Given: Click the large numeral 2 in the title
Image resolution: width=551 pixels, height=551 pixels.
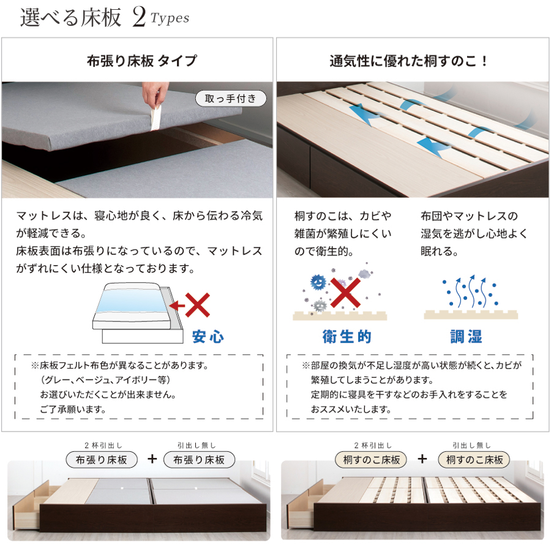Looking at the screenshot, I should pos(139,18).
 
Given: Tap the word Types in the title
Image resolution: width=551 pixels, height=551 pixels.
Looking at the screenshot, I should pos(170,18).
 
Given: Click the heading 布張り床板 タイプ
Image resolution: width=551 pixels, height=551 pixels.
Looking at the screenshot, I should pos(141,61).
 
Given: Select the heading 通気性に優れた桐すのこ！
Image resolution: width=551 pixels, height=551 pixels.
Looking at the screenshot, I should pos(410,61).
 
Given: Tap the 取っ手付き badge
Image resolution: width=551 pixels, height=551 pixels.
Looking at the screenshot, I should pos(230,99).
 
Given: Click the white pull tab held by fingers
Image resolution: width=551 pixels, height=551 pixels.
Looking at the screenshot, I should pos(156,117).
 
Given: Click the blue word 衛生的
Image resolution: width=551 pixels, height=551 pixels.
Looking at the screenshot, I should pos(347,337).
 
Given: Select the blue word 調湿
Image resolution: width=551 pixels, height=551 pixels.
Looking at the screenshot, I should pos(466,337).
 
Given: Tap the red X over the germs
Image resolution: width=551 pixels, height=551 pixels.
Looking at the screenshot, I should pos(345,293).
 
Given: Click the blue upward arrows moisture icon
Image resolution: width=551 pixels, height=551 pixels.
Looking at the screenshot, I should pos(468,292).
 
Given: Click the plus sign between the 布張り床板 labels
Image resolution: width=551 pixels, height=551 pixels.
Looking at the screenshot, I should pos(152,459).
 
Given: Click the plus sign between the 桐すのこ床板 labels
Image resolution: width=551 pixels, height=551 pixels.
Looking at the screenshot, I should pos(422,459).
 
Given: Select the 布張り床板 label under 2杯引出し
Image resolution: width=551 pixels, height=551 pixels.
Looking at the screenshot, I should pos(101,459).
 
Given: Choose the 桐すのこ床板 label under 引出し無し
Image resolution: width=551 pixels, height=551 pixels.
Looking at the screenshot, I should pos(474,459).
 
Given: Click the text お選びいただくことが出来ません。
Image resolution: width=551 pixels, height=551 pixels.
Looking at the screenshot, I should pos(108,395).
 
